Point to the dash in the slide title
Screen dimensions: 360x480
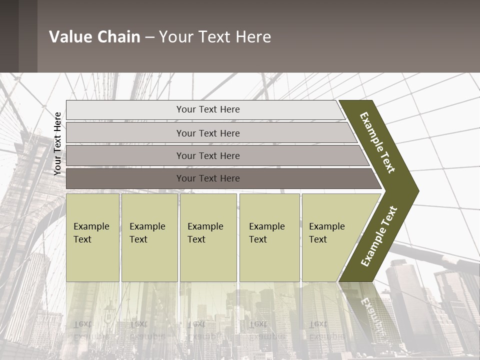coord(149,37)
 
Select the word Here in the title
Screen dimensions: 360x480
coord(253,37)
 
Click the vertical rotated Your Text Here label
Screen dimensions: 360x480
coord(57,143)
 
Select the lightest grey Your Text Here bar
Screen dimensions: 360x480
coord(207,109)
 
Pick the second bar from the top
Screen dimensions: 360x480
coord(207,133)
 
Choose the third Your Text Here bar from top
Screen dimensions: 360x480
coord(207,155)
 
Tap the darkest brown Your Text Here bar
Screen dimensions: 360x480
coord(207,178)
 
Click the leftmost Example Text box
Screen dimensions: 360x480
coord(92,237)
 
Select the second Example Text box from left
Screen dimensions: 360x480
coord(149,237)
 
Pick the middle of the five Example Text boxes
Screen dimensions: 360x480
coord(208,237)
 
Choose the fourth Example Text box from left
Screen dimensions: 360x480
coord(269,237)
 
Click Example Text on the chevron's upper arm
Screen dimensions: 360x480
coord(377,142)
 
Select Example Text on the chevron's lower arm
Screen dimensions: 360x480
coord(378,236)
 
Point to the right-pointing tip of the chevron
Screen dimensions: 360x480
coord(416,190)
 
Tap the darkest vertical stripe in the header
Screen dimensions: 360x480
coord(9,36)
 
